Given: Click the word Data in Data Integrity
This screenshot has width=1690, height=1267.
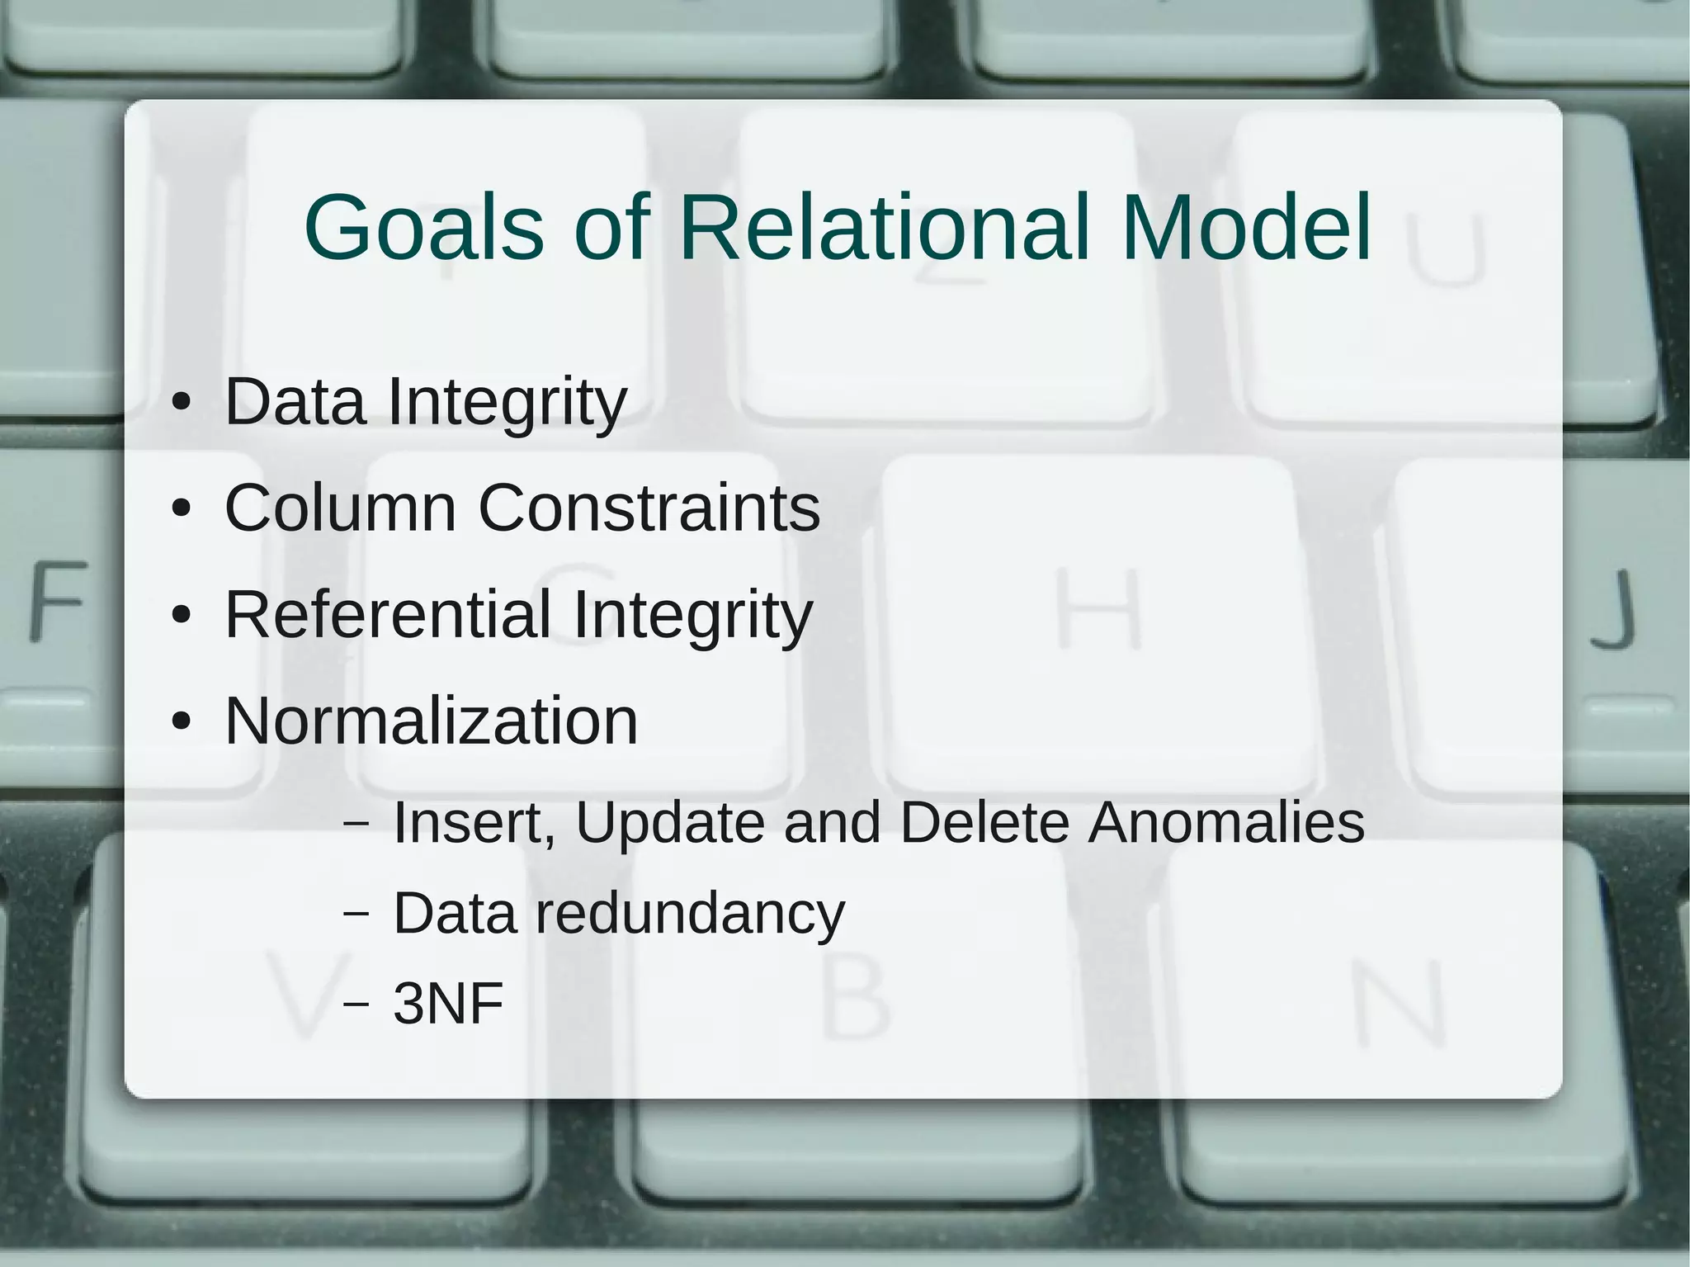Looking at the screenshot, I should (x=295, y=401).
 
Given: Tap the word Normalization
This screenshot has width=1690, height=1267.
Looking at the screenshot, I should (x=432, y=721).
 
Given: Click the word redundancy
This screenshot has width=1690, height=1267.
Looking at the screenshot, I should (x=690, y=915).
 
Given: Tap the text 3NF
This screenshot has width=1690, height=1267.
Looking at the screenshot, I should (x=448, y=1004).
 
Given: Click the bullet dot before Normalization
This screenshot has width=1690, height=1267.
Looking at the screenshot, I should (x=182, y=722).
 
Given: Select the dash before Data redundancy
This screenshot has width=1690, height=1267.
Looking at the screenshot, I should (x=356, y=913).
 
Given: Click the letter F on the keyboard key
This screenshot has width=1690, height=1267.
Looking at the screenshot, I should (x=58, y=601).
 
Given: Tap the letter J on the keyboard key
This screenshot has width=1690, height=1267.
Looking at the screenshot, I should (x=1613, y=608).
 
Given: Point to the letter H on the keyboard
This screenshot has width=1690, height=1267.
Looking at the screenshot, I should (x=1099, y=608).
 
